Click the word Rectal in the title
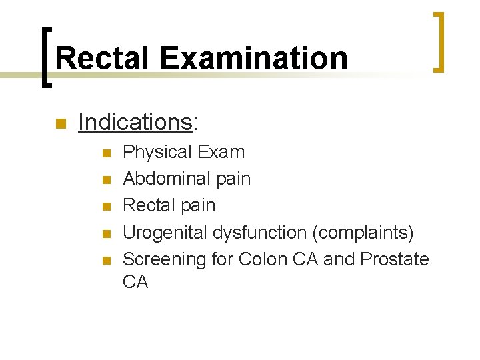click(x=103, y=58)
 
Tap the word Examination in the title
click(x=253, y=58)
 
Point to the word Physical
click(x=156, y=152)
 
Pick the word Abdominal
click(x=166, y=179)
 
